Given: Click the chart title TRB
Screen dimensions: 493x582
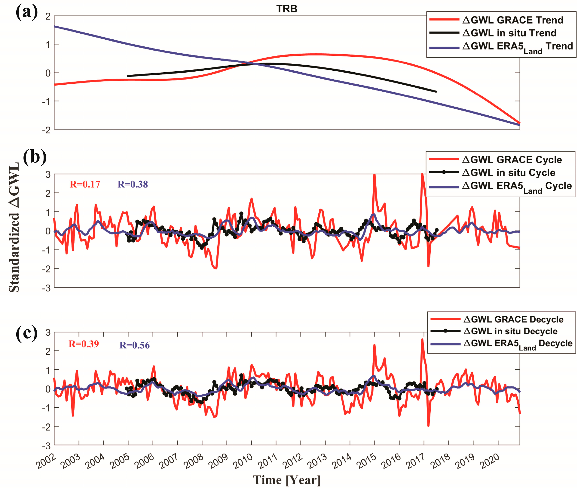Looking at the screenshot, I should (x=287, y=9).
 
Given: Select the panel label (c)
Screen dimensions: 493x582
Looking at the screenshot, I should (x=27, y=333).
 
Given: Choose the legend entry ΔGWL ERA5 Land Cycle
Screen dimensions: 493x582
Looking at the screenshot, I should (x=517, y=186).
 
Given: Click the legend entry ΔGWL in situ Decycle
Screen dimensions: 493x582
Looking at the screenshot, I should (x=510, y=331).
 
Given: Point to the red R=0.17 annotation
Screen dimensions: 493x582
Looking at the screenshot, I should (x=85, y=185).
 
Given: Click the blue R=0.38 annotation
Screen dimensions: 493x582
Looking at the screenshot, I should (x=133, y=185).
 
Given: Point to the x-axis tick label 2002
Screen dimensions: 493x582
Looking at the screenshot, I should (x=46, y=461).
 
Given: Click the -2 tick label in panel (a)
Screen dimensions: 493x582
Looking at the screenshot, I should (x=46, y=130).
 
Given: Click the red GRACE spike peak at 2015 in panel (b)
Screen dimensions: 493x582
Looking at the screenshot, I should (x=374, y=175).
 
